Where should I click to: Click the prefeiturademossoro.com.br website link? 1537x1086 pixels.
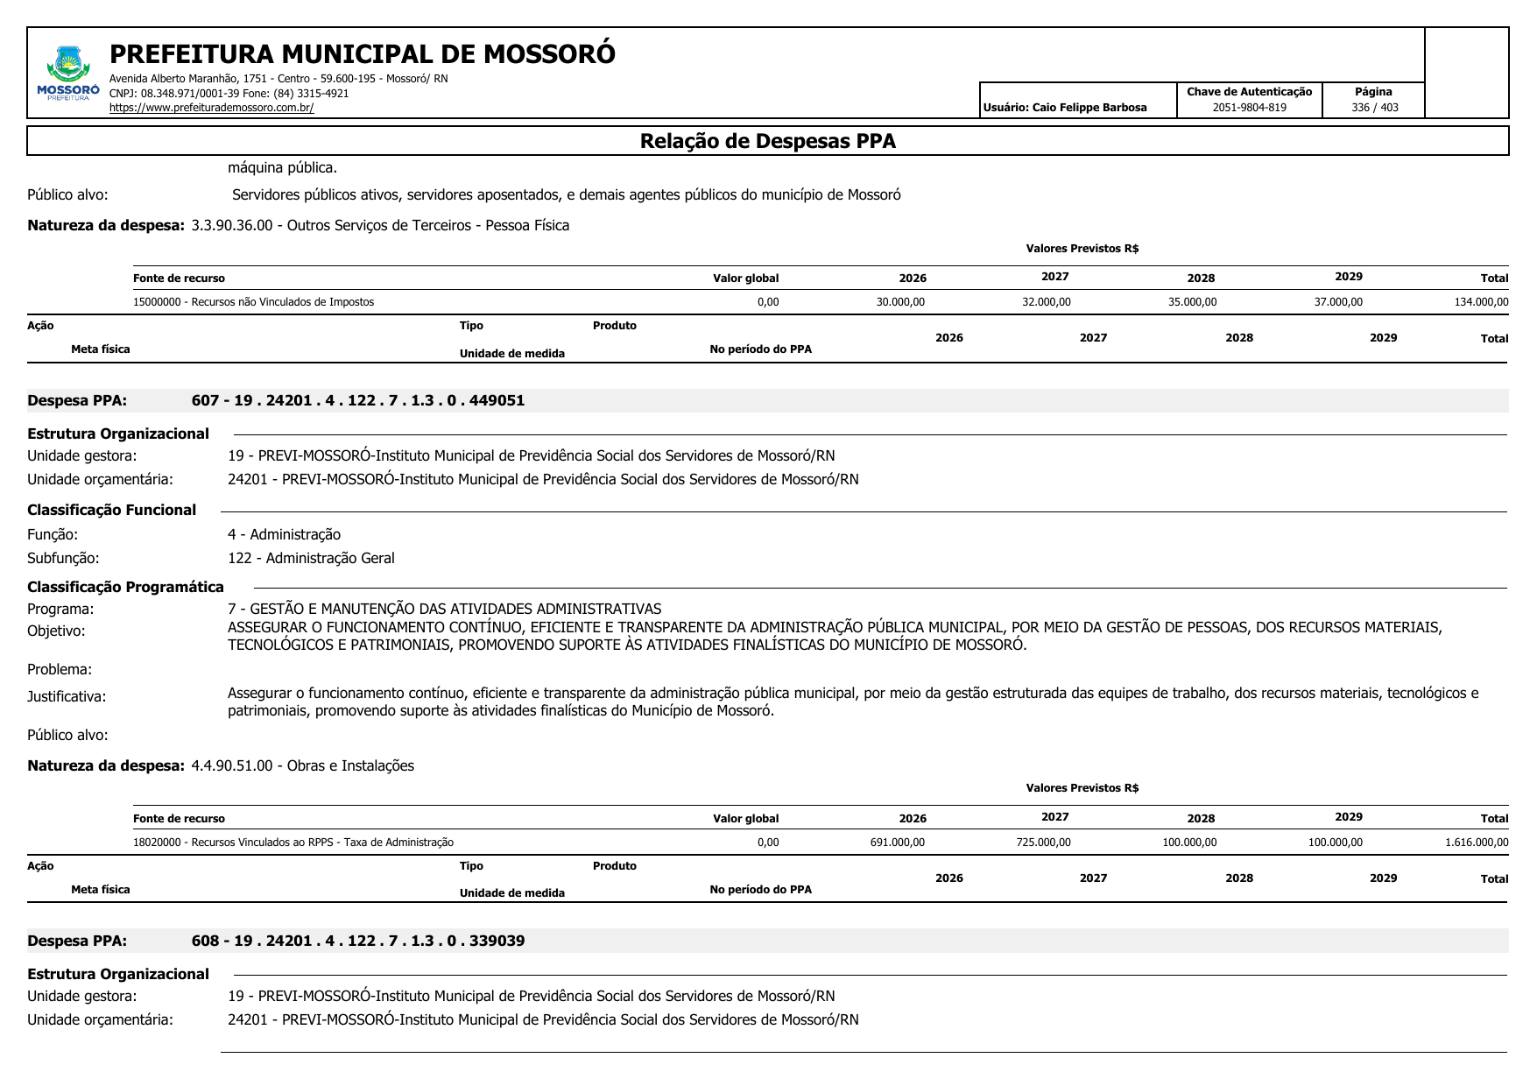[211, 108]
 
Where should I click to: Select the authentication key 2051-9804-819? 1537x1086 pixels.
[1249, 108]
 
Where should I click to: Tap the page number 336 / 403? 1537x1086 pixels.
[1374, 108]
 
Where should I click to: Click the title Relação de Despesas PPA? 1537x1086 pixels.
[767, 141]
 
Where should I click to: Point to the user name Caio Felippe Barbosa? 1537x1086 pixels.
[1089, 108]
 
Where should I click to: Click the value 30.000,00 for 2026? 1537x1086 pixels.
[900, 302]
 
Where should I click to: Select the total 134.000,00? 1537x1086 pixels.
[1481, 302]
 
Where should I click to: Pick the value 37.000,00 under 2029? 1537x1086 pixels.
[1338, 302]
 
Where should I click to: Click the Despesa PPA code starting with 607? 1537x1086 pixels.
[357, 400]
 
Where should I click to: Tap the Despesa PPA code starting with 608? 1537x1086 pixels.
[357, 941]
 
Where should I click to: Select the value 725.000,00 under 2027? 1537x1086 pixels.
[1043, 843]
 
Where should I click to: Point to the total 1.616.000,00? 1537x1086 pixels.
[1477, 843]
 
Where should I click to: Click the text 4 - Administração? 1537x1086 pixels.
[284, 534]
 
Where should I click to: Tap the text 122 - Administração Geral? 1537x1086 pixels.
[311, 558]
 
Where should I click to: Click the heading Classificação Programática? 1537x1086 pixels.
[125, 587]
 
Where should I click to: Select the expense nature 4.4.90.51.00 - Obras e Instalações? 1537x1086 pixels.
[302, 765]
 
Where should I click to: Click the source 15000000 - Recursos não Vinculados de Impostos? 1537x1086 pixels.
[253, 302]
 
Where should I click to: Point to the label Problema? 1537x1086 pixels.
[60, 669]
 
